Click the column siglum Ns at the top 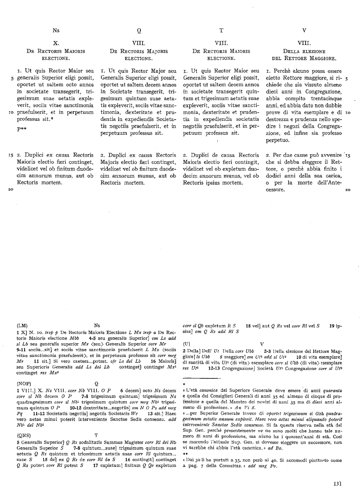point(56,29)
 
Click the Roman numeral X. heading point(56,42)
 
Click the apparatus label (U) point(187,343)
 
